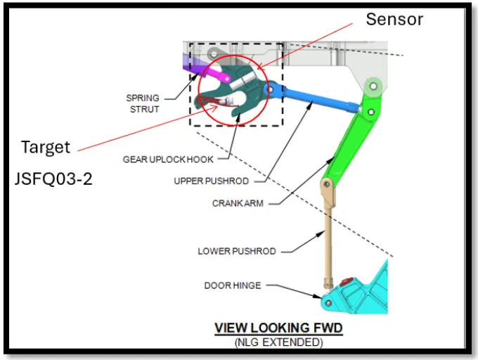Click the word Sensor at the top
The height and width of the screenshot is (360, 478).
394,19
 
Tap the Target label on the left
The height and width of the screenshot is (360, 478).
45,147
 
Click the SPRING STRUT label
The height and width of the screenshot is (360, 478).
143,103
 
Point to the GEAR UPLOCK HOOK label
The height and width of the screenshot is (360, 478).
168,160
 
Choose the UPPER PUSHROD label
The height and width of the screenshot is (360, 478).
211,181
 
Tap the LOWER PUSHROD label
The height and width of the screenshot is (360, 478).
236,251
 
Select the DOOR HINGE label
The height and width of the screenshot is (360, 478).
232,285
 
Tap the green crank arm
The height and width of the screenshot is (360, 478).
351,141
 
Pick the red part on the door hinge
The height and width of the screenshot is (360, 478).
344,284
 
